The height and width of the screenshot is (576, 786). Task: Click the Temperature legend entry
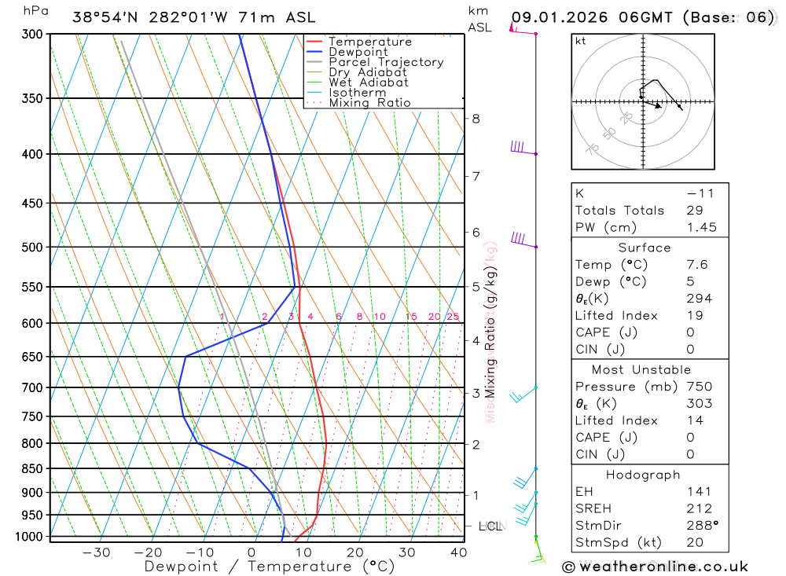(x=369, y=42)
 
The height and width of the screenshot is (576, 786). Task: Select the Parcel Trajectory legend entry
(x=386, y=62)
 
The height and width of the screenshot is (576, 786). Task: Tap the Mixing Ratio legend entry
(x=369, y=103)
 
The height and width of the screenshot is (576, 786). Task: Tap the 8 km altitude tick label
(x=476, y=119)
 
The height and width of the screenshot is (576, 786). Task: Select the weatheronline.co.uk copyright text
(x=655, y=567)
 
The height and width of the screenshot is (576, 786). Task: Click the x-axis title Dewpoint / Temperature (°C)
(x=270, y=567)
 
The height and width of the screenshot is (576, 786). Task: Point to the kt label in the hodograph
(x=581, y=41)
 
